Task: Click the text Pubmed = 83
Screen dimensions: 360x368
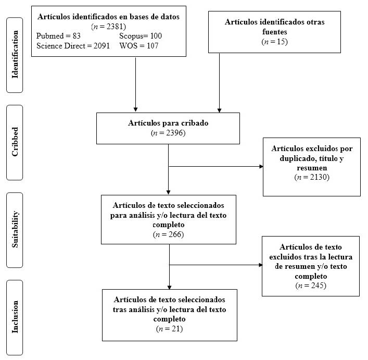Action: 58,35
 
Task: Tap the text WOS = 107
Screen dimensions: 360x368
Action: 138,45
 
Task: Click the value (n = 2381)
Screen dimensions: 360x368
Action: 108,26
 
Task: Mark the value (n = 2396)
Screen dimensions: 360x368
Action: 168,133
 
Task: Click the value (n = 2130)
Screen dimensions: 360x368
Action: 312,178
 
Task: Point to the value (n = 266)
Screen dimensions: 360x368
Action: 168,234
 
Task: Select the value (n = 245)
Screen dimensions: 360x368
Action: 311,285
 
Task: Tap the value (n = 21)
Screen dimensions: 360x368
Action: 169,329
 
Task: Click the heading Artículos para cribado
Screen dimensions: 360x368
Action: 168,123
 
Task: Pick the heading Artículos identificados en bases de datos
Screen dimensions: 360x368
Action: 108,17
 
